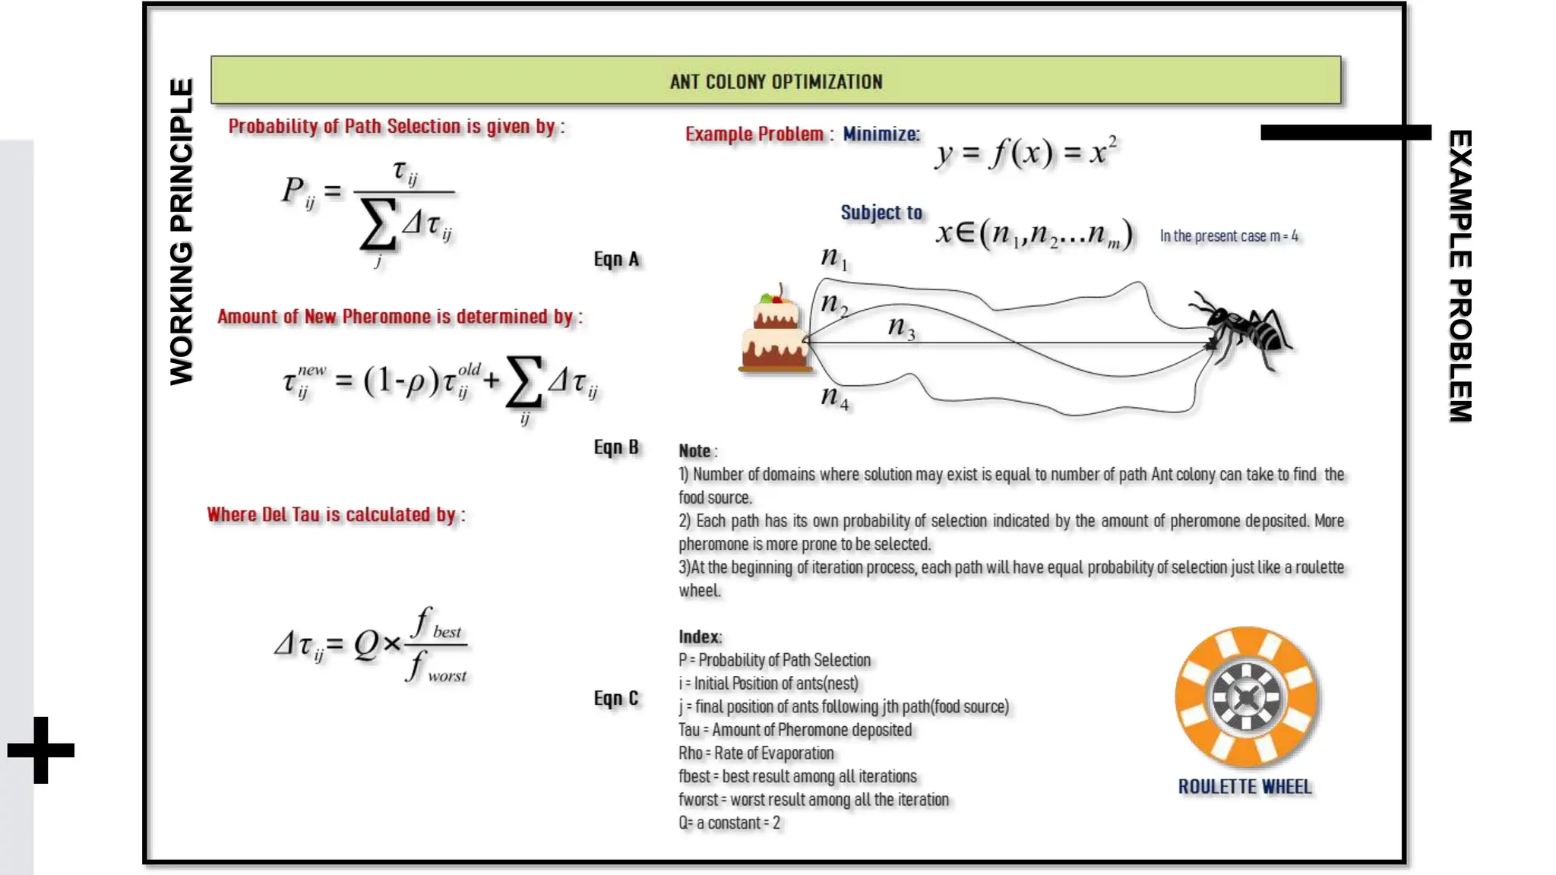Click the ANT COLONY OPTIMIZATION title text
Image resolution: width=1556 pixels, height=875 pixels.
click(x=776, y=81)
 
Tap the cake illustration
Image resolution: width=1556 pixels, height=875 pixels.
click(x=774, y=333)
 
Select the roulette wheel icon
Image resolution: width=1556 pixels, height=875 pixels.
click(x=1246, y=697)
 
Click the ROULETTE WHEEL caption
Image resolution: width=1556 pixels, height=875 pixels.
click(x=1244, y=787)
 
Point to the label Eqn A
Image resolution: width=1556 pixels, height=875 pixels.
click(x=616, y=260)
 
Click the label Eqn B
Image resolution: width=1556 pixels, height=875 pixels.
click(x=616, y=447)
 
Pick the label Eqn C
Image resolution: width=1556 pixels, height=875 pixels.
click(x=616, y=698)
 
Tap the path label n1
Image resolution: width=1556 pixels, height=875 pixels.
click(x=833, y=258)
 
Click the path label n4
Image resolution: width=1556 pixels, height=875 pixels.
click(x=834, y=397)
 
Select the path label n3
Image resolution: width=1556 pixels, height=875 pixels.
click(x=901, y=328)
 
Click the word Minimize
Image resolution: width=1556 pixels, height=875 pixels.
click(x=881, y=134)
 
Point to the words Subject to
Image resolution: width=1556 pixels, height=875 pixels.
click(x=881, y=213)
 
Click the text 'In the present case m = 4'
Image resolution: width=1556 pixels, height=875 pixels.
click(x=1228, y=236)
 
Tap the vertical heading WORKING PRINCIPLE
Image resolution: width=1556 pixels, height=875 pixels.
click(x=182, y=232)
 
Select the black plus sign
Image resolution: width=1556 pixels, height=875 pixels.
click(x=41, y=750)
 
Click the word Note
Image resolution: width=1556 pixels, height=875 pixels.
click(x=695, y=451)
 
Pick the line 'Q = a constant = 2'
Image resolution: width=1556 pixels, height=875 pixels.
click(x=729, y=823)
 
